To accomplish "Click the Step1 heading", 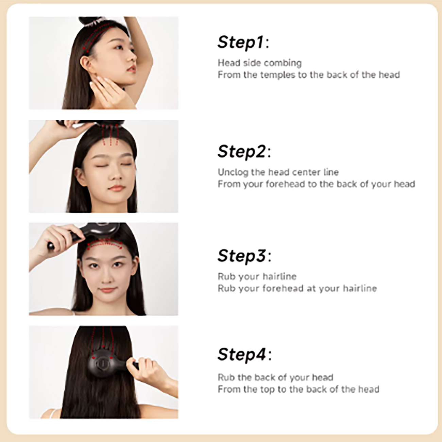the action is coord(243,42).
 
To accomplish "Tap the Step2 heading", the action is coord(244,152).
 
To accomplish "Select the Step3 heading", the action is coord(244,256).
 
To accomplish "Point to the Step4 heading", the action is coord(244,354).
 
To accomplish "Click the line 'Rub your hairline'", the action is coord(257,276).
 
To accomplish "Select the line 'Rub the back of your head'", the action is coord(275,377).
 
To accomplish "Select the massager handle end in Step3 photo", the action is coord(51,246).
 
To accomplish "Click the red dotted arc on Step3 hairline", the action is coord(105,241).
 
